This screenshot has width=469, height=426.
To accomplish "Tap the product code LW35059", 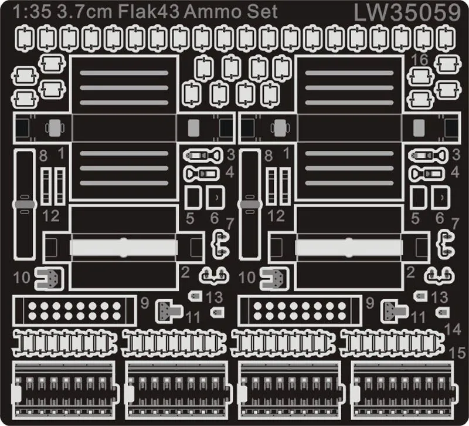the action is pyautogui.click(x=407, y=13).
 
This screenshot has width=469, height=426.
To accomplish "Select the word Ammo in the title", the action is pyautogui.click(x=216, y=12).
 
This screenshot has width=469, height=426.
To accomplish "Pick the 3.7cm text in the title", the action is pyautogui.click(x=84, y=12).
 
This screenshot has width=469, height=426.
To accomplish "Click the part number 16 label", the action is pyautogui.click(x=420, y=60).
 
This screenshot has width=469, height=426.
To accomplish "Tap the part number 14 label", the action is pyautogui.click(x=453, y=329).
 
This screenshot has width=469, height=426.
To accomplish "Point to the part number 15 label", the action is pyautogui.click(x=457, y=353).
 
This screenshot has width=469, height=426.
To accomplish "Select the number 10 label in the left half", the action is pyautogui.click(x=22, y=278).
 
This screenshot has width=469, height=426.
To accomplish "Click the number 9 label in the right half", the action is pyautogui.click(x=370, y=303).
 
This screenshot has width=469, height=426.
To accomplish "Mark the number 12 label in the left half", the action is pyautogui.click(x=50, y=216).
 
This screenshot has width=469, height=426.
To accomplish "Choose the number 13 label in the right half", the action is pyautogui.click(x=439, y=297).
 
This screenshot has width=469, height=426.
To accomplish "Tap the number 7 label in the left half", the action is pyautogui.click(x=230, y=224).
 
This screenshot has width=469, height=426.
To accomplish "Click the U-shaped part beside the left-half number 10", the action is pyautogui.click(x=49, y=278).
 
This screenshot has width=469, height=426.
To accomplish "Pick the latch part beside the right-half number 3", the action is pyautogui.click(x=429, y=155).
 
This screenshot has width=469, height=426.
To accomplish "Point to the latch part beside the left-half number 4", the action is pyautogui.click(x=202, y=174).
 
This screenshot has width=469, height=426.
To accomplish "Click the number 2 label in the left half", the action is pyautogui.click(x=185, y=272).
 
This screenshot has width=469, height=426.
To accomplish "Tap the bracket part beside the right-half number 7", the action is pyautogui.click(x=447, y=244).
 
